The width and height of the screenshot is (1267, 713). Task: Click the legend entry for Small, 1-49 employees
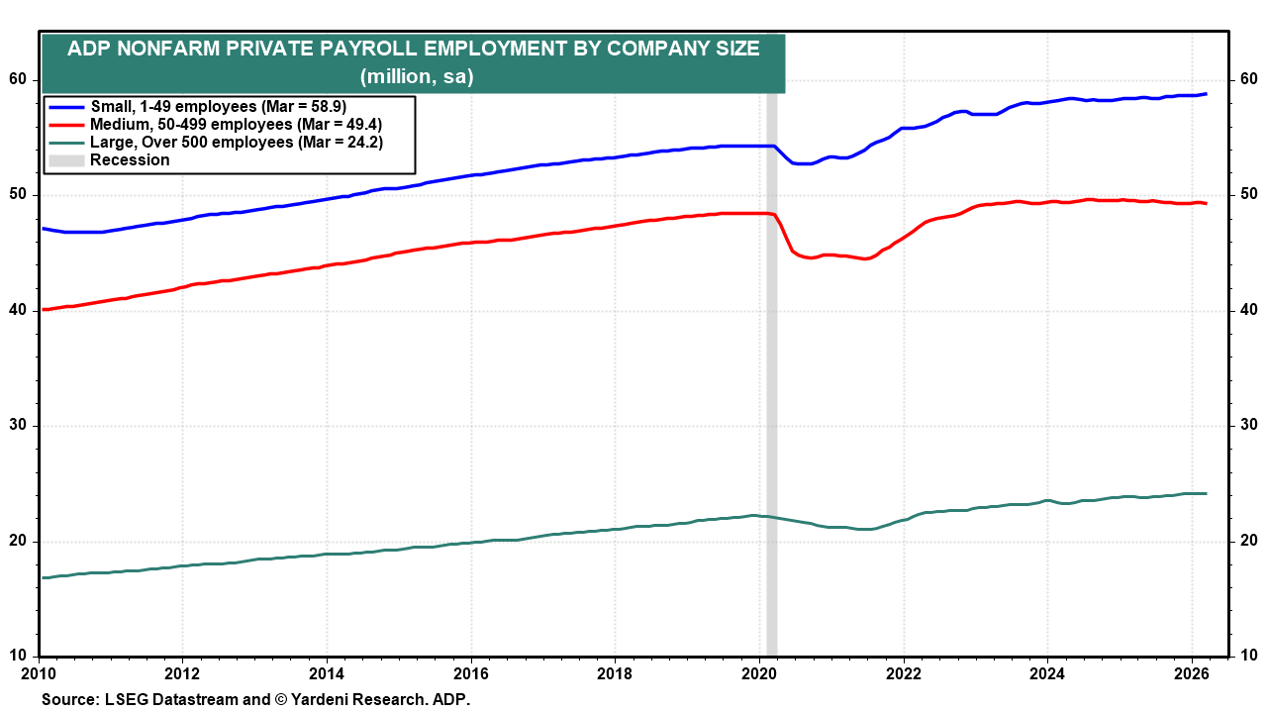point(218,106)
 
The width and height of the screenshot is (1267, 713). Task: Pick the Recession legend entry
point(130,159)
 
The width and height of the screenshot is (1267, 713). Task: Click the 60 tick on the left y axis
point(18,79)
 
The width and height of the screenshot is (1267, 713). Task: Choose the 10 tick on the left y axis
point(18,656)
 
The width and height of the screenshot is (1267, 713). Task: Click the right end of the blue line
point(1205,94)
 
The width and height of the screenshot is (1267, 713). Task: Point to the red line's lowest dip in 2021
point(866,258)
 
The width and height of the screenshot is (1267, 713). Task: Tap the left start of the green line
point(43,576)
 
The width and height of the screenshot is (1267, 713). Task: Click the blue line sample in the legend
point(66,106)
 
